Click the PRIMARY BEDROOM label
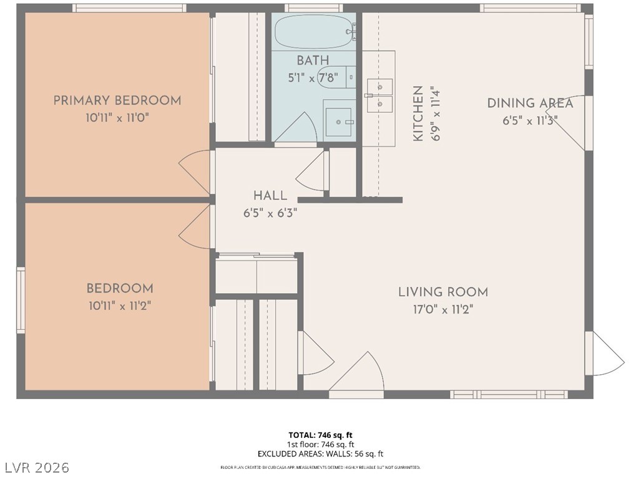117,100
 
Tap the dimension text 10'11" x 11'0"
117,117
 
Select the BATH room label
313,60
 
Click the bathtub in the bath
314,31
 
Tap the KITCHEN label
418,113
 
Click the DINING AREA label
530,104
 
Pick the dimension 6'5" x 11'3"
530,120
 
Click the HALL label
270,196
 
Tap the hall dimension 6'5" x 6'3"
270,213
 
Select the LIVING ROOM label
443,292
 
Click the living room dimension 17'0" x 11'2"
443,309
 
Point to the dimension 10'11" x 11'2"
120,306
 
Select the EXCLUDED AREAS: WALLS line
320,454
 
